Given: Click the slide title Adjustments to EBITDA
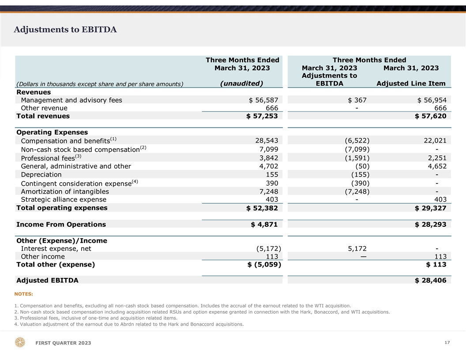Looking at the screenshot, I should (65, 30).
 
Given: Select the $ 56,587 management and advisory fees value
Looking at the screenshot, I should (263, 100).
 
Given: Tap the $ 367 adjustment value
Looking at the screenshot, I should (357, 100).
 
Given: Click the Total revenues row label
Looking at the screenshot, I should (43, 116).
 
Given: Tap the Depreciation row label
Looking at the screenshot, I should (41, 175).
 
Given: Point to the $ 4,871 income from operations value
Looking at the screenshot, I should (264, 225).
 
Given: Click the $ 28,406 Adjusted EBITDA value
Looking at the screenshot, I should (430, 281).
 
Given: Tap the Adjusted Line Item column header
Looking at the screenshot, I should (411, 84).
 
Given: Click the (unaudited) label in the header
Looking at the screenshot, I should (242, 83).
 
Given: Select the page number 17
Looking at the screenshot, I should (447, 342).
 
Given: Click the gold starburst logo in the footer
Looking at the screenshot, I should (20, 342).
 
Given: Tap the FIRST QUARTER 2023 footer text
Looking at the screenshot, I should (63, 343).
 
